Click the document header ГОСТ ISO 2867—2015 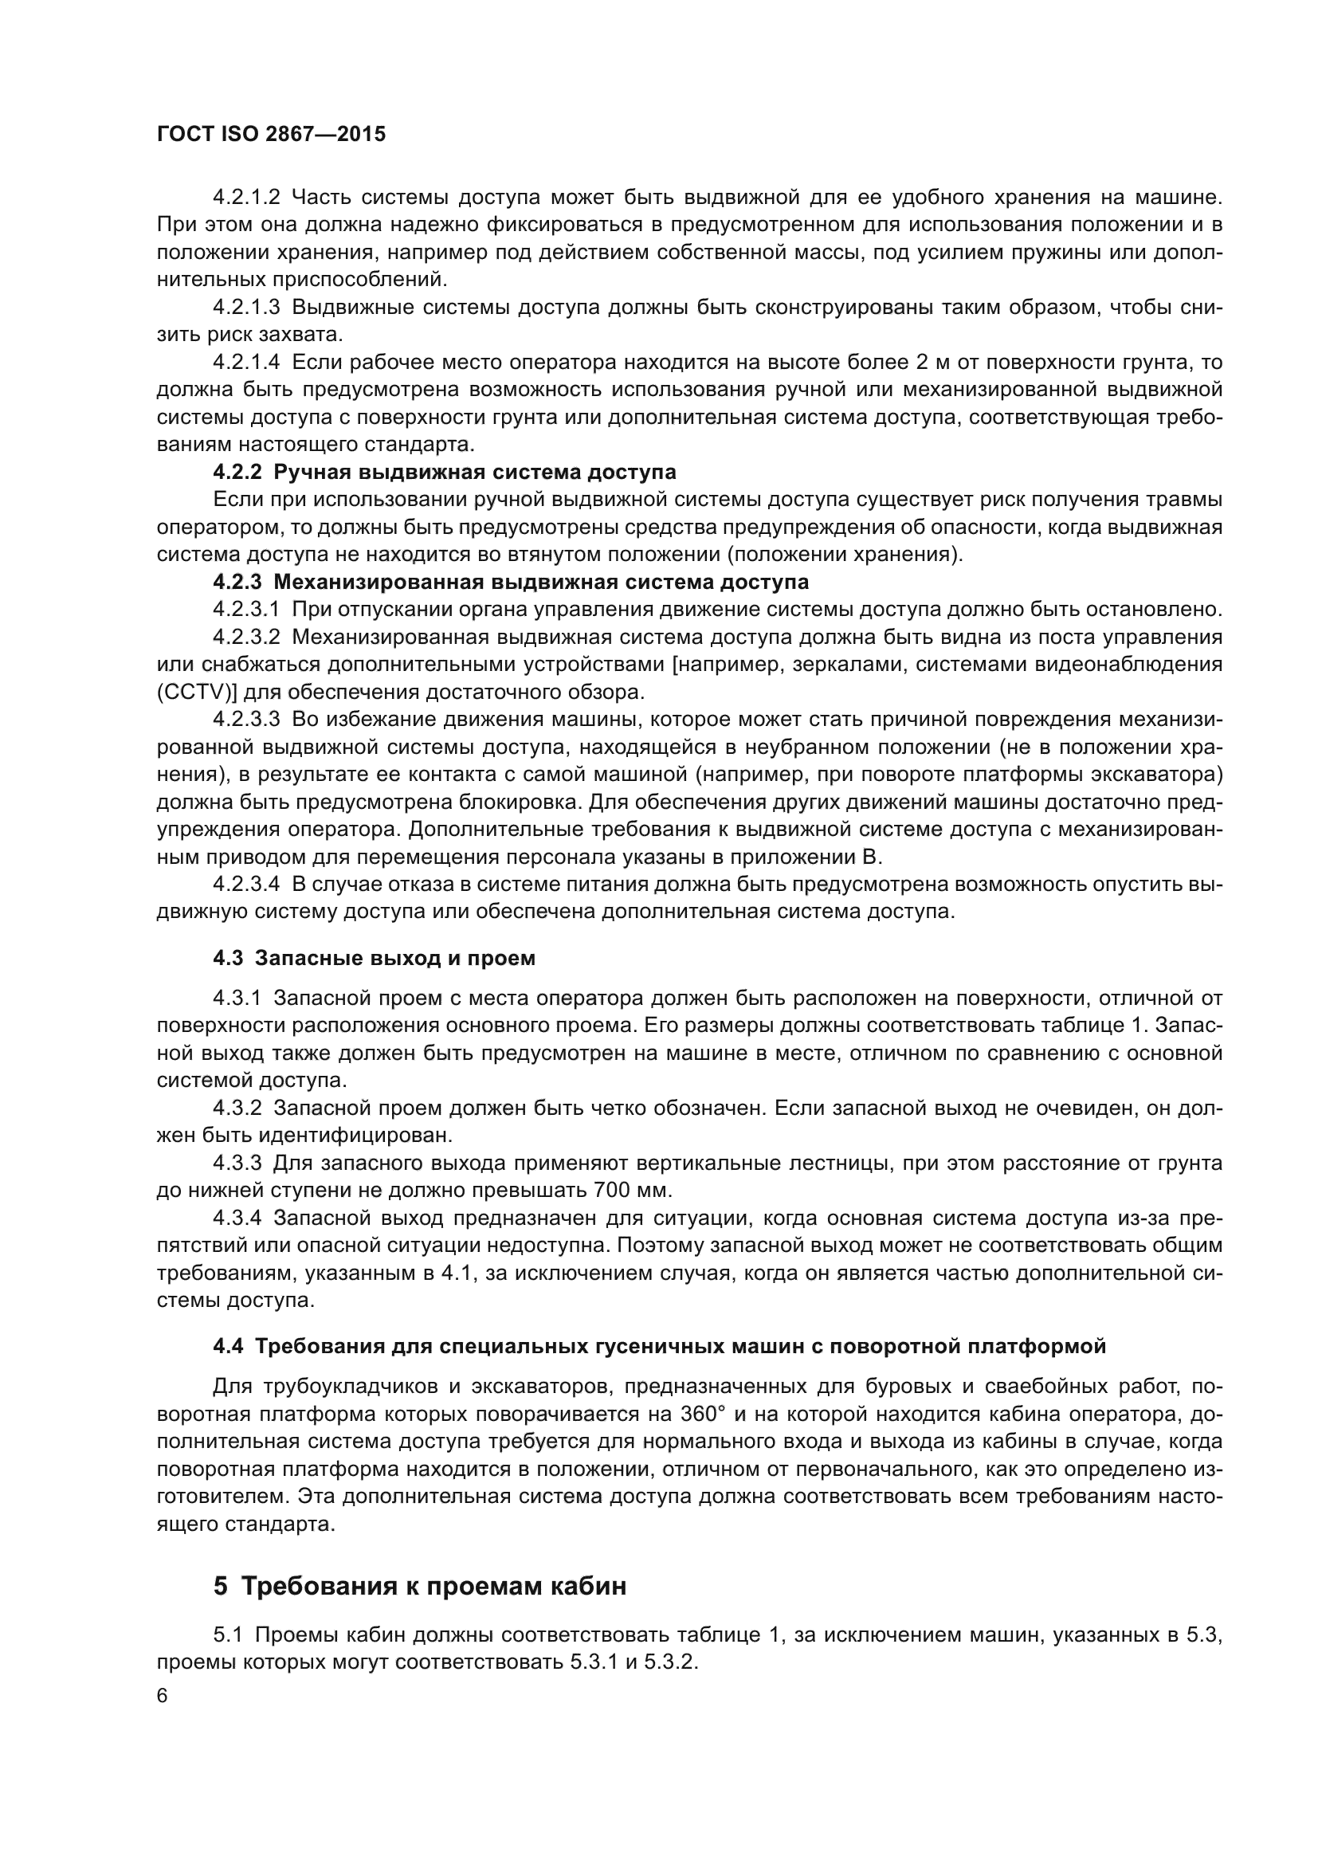pos(271,135)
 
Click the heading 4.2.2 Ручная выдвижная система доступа pos(444,473)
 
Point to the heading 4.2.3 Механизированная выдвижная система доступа pos(511,582)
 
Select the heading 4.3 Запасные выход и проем pos(375,958)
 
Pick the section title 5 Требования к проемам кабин pos(420,1586)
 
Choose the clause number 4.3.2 pos(237,1109)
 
